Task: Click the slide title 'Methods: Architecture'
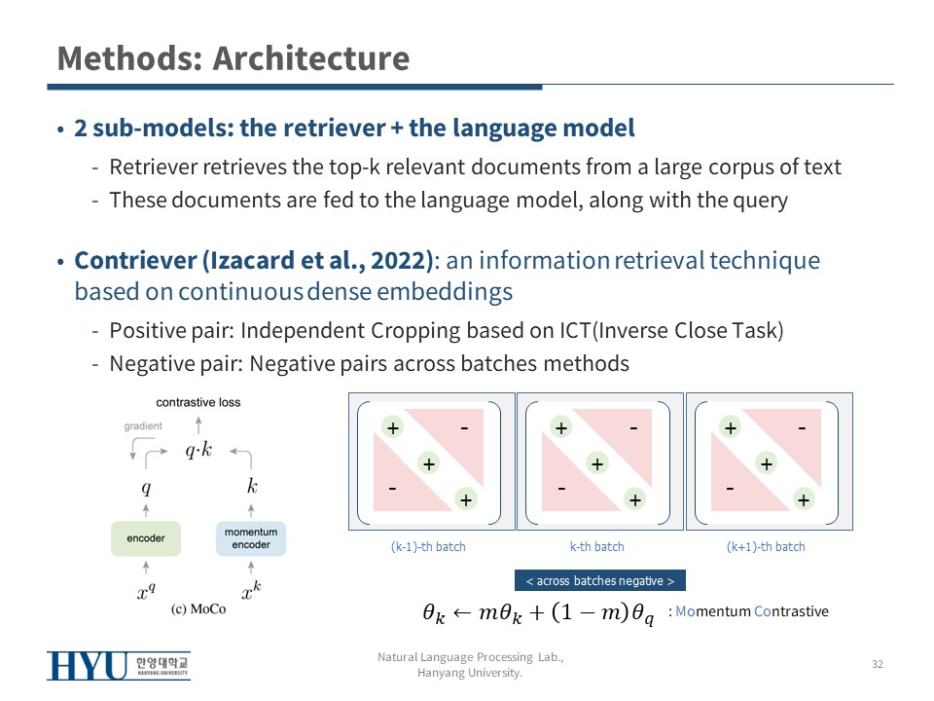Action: click(233, 58)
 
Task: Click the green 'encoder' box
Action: click(146, 538)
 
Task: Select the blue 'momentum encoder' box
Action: click(251, 538)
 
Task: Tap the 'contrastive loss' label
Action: click(198, 402)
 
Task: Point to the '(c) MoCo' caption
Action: click(198, 609)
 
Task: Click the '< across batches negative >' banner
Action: click(599, 581)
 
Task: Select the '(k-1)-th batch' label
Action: click(428, 546)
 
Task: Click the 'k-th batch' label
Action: click(597, 546)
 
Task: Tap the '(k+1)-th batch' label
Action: click(766, 546)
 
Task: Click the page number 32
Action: click(877, 664)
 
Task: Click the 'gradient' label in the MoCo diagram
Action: click(143, 426)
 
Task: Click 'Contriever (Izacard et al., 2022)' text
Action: click(254, 261)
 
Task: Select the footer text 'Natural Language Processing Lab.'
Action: click(471, 658)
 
